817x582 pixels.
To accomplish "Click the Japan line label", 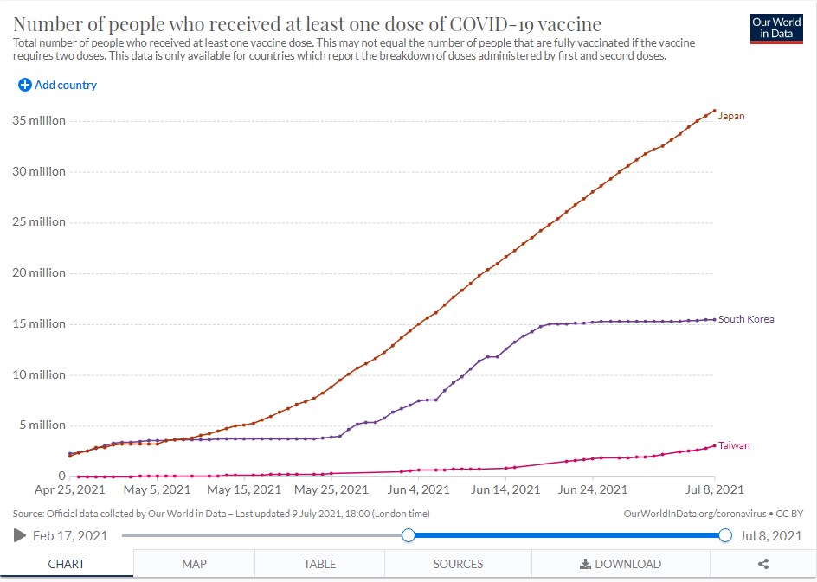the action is click(731, 116).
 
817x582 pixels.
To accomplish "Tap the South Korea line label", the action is click(746, 319).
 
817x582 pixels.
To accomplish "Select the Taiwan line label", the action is click(734, 445).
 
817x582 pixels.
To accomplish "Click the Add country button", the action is click(57, 85).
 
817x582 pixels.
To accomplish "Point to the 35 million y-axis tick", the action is click(39, 121).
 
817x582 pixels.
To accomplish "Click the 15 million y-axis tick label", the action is click(39, 323).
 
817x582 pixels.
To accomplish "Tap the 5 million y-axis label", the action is click(42, 425).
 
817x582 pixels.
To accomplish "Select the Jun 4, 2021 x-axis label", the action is click(418, 489).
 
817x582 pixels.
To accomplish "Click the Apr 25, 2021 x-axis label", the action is click(70, 489).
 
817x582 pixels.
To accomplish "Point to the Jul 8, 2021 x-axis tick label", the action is click(714, 489).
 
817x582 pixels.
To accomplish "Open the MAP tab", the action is click(195, 564).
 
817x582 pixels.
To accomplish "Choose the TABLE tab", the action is click(320, 564).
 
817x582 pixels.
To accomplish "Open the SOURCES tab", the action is click(458, 564).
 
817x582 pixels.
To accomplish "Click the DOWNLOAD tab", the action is click(621, 564).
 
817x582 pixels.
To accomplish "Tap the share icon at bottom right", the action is click(763, 564).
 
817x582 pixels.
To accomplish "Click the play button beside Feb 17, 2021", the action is click(20, 535).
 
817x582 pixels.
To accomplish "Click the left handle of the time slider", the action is click(408, 535).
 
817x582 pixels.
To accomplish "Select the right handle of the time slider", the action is click(725, 535).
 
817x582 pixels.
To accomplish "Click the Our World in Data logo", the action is click(776, 29).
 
